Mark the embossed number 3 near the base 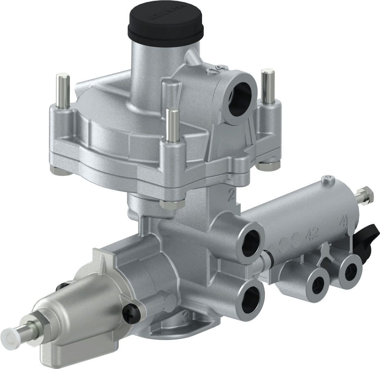tap(184, 317)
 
